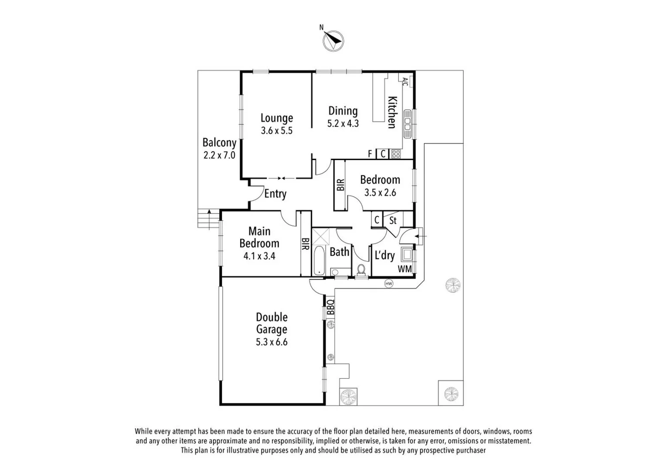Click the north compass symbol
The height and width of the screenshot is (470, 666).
(333, 41)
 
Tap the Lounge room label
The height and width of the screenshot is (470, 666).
(277, 118)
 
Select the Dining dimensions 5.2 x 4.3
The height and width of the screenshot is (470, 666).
(343, 124)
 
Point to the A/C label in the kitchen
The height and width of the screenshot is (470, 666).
(405, 81)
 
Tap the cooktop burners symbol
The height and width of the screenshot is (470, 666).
(396, 154)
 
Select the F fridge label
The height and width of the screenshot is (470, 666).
(370, 154)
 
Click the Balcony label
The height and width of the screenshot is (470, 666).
(219, 142)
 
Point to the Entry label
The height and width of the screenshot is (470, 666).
(275, 194)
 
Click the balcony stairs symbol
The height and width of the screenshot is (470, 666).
(207, 218)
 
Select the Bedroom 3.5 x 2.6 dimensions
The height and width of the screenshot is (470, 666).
(380, 192)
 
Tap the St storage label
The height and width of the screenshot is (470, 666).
(393, 220)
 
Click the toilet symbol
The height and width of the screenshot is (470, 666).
(361, 270)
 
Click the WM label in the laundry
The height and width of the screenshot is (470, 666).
(404, 269)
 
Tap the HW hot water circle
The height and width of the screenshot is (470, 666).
(389, 284)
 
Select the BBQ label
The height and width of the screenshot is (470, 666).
(330, 306)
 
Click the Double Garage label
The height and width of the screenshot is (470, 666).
(272, 323)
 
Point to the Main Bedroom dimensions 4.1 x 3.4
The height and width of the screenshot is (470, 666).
(259, 256)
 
